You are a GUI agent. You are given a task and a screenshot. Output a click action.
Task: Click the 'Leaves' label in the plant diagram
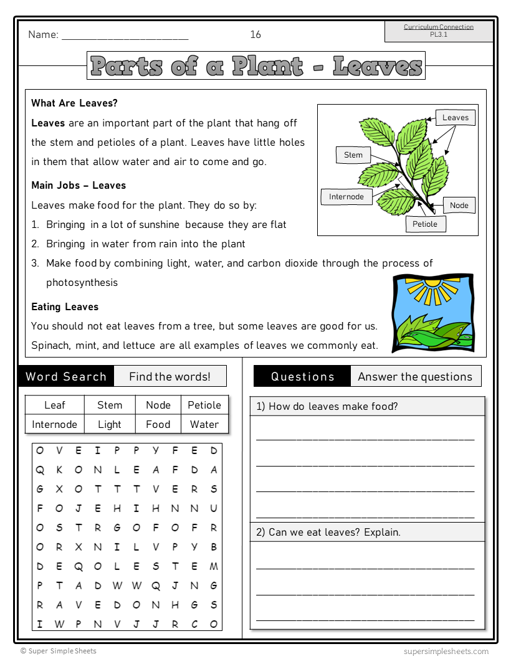coord(455,118)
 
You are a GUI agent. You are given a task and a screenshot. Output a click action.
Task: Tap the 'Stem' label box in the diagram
coord(353,155)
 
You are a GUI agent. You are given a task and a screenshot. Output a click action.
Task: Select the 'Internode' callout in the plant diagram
coord(346,197)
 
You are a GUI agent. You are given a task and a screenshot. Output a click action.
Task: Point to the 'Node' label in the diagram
coord(459,205)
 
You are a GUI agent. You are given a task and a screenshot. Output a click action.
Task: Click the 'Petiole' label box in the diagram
coord(425,224)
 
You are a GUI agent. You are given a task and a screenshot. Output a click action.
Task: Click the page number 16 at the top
coord(255,35)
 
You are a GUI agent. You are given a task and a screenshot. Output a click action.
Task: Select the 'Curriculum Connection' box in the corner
coord(438,31)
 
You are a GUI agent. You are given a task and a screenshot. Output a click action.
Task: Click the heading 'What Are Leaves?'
coord(74,103)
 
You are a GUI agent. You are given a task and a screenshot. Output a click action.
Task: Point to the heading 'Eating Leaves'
coord(65,306)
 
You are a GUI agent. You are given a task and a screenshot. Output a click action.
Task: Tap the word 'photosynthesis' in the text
coord(82,283)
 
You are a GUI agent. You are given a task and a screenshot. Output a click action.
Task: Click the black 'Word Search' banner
coord(66,376)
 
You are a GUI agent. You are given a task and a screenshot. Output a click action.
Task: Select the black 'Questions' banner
coord(302,376)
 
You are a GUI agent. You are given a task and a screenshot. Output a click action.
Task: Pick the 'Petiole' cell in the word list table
coord(204,405)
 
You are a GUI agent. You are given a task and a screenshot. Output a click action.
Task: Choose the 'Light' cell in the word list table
coord(110,424)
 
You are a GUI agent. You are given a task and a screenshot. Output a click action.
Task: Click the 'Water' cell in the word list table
coord(204,424)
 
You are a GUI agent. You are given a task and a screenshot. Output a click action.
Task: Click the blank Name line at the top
coord(125,36)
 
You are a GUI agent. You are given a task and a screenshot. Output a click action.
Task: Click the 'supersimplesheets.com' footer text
coord(446,651)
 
